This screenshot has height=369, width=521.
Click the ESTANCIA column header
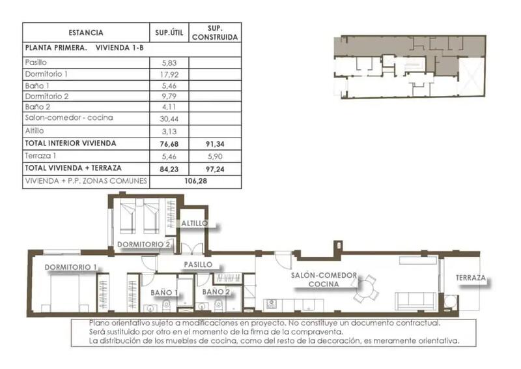(86, 33)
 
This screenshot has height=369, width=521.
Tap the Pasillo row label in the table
(35, 63)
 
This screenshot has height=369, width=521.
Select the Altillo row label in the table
(34, 130)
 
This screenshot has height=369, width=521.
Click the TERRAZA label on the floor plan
(470, 278)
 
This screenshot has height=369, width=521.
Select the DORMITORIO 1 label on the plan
(71, 267)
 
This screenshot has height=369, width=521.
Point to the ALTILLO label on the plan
(195, 223)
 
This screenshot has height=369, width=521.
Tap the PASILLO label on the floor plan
(197, 265)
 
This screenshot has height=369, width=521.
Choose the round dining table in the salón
(367, 288)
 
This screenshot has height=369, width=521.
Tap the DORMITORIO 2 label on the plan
(144, 244)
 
